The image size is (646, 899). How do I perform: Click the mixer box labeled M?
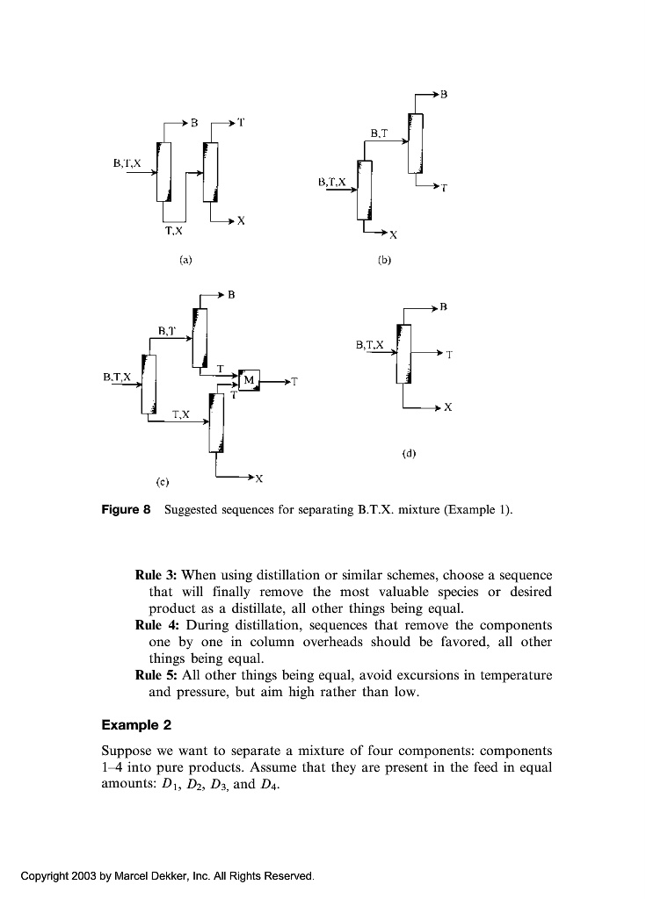click(249, 379)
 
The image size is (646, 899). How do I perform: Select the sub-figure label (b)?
click(383, 261)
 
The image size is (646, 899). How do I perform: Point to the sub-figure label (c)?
click(162, 481)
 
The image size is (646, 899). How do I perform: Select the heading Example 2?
click(136, 725)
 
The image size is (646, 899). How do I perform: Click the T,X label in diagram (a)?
click(174, 232)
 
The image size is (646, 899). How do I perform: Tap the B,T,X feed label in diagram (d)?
click(370, 345)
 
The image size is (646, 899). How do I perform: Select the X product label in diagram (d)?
click(448, 408)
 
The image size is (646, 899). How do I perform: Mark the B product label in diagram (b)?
click(443, 92)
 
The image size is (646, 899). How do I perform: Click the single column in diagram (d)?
click(404, 354)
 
